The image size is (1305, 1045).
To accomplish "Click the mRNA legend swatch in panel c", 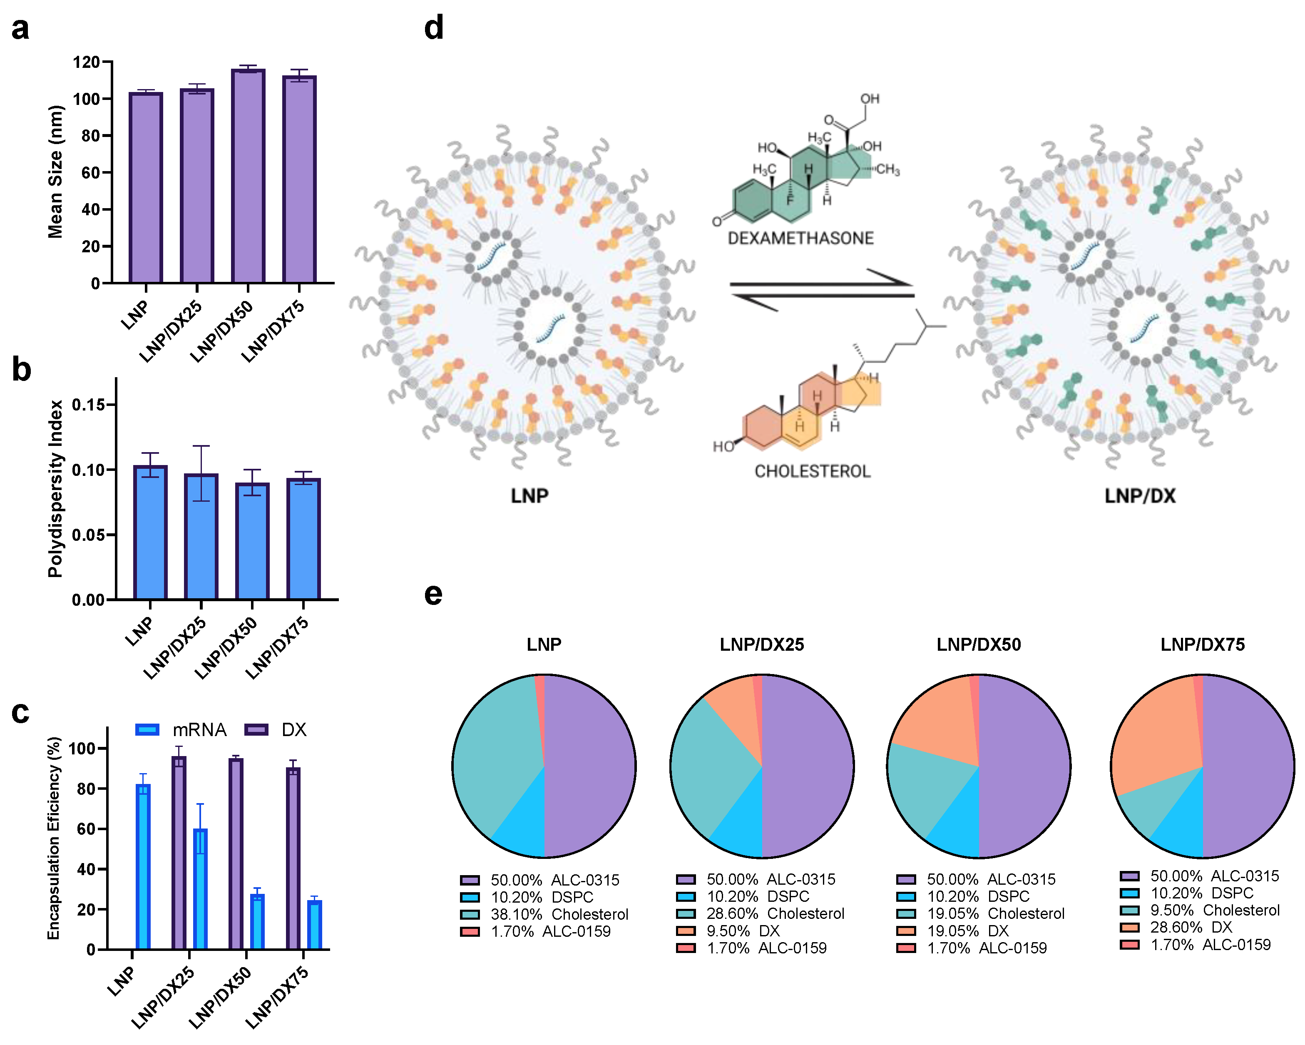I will pos(147,729).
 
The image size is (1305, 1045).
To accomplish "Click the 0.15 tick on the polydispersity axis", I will pos(88,404).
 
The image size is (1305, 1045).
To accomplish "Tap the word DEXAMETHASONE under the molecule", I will pos(800,239).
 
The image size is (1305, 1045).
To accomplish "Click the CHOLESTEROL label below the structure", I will pos(812,471).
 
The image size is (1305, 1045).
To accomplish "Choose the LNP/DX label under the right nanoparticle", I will pos(1140,496).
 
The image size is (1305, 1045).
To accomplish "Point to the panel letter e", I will pos(433,595).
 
